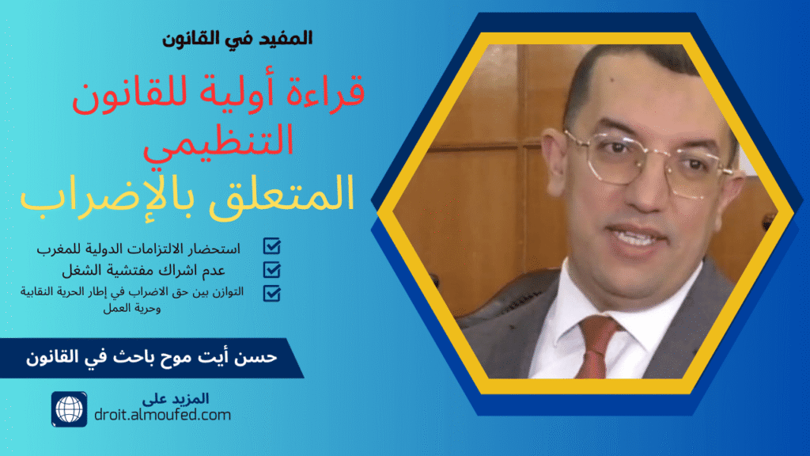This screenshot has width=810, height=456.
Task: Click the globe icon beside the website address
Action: tap(69, 408)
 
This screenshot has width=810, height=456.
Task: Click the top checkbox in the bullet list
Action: tap(271, 246)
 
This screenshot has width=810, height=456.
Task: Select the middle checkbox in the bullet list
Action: tap(271, 270)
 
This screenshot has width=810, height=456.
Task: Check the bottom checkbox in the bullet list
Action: tap(271, 293)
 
